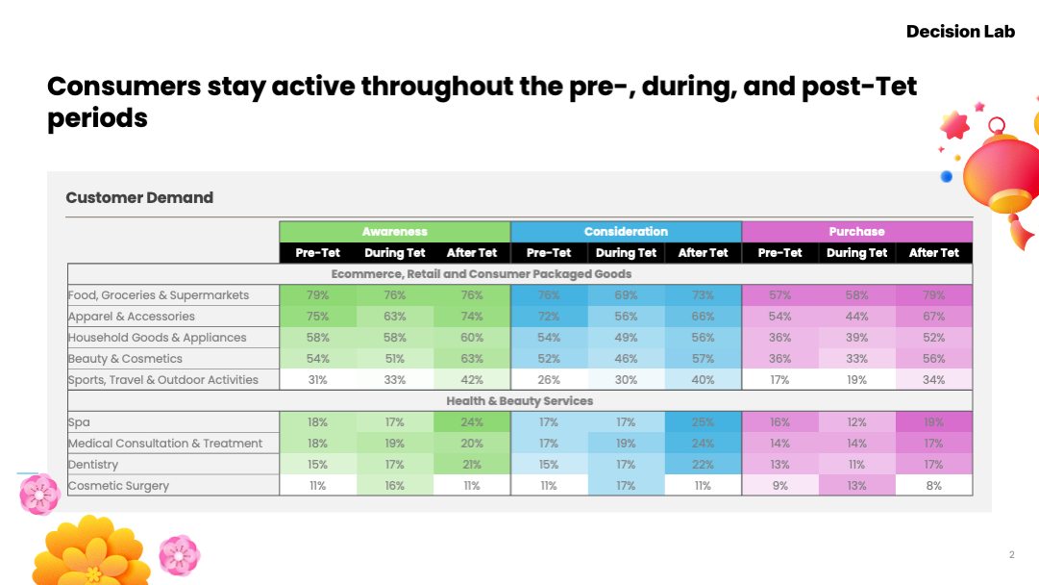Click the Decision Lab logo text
click(x=960, y=32)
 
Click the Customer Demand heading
click(x=139, y=197)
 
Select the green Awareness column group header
click(x=395, y=232)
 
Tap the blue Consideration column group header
click(x=626, y=232)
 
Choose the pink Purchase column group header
click(x=856, y=232)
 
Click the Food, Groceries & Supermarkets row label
click(x=159, y=295)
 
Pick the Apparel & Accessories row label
click(x=132, y=317)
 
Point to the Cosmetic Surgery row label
click(x=118, y=486)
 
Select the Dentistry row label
click(x=92, y=465)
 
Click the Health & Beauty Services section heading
click(x=519, y=401)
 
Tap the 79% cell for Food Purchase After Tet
click(x=933, y=295)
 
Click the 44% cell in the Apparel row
click(x=856, y=317)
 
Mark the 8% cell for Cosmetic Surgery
click(x=933, y=486)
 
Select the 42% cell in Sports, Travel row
click(x=472, y=380)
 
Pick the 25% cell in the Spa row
click(x=703, y=422)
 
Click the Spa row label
click(x=79, y=422)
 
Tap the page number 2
click(x=1011, y=554)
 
